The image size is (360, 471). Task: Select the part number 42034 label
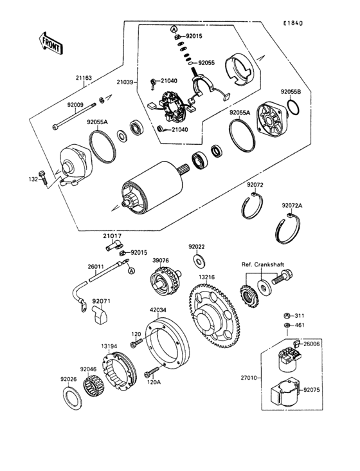(x=158, y=309)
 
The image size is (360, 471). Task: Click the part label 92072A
(x=291, y=206)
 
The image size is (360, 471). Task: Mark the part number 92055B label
(x=290, y=92)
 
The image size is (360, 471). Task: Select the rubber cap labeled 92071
(x=100, y=315)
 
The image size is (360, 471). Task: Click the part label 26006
(x=312, y=344)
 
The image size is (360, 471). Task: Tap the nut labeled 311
(x=285, y=316)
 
